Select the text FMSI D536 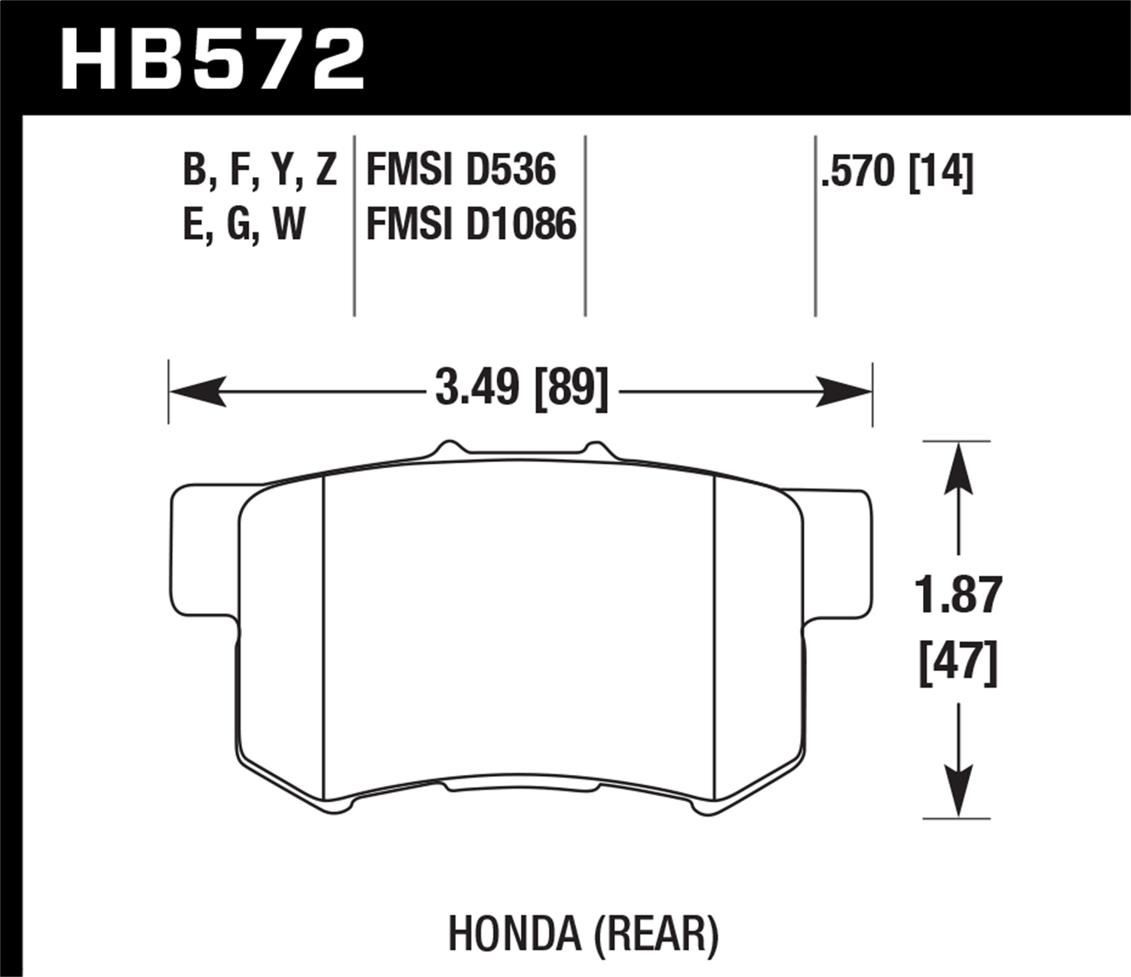coord(461,170)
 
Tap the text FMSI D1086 coord(471,225)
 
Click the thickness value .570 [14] coord(897,171)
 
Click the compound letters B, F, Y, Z coord(259,170)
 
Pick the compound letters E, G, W coord(244,225)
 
